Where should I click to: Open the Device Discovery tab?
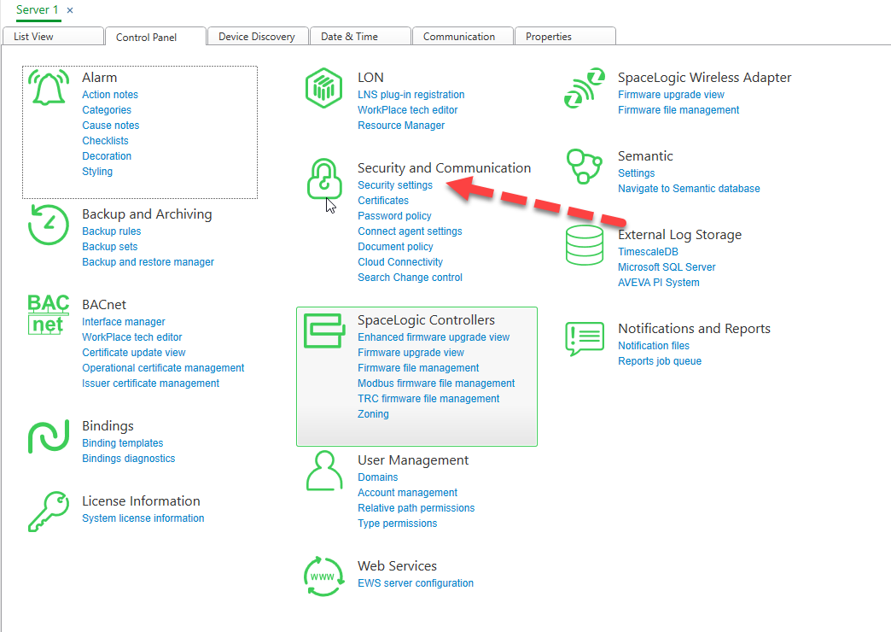[x=257, y=37]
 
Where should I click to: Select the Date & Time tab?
[x=349, y=37]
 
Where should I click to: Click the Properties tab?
[x=549, y=37]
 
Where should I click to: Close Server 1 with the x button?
[x=70, y=10]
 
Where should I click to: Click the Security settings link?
[x=395, y=184]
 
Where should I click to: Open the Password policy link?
[x=394, y=215]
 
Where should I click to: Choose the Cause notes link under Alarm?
[x=110, y=126]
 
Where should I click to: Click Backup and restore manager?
[x=148, y=261]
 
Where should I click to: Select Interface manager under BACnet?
[x=123, y=321]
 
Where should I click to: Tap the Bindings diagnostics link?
[x=128, y=458]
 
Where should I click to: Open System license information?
[x=143, y=518]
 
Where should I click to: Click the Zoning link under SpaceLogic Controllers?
[x=373, y=413]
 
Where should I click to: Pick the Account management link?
[x=407, y=492]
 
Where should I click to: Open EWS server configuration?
[x=416, y=582]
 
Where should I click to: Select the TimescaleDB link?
[x=648, y=251]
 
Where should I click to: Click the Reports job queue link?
[x=660, y=360]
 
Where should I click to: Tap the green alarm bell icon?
[x=49, y=87]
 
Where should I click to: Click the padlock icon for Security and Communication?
[x=324, y=179]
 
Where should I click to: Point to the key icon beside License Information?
[x=49, y=512]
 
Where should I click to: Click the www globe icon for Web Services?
[x=323, y=576]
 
